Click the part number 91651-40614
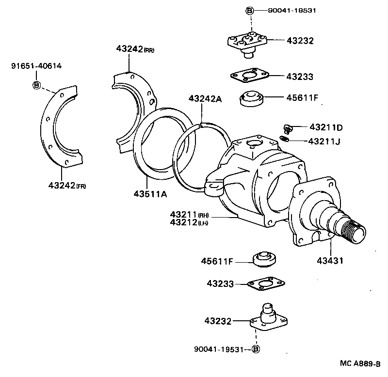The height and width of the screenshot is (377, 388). pos(36,66)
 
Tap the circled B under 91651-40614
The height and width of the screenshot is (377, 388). pos(36,85)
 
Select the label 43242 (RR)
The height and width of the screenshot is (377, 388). pos(135,49)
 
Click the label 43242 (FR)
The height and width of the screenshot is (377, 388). pos(66,185)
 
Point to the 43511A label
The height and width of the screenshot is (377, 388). pos(150,194)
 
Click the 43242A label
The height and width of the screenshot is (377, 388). pos(205,99)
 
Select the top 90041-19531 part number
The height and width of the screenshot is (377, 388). pos(292,11)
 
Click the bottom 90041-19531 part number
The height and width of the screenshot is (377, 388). pos(221,349)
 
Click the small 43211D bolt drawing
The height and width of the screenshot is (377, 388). pos(287,128)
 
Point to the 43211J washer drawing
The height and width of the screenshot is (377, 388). pos(286,140)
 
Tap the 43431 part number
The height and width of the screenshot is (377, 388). pos(331,261)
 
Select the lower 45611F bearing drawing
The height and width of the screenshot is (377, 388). pos(265,259)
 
